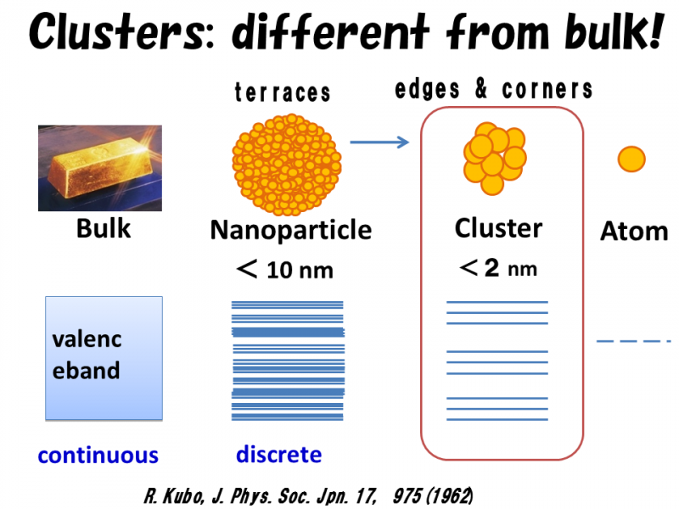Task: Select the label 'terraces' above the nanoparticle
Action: (283, 92)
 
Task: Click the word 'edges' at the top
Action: (427, 89)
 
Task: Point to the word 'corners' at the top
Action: (547, 90)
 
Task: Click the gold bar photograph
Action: (100, 168)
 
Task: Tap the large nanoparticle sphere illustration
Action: (287, 165)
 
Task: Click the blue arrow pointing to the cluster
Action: (379, 142)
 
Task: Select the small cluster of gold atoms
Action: (495, 159)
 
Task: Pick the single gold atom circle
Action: (631, 159)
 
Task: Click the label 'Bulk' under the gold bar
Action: (104, 228)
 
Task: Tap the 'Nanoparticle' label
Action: (290, 229)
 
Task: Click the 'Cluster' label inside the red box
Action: (498, 228)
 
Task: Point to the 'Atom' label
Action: (634, 231)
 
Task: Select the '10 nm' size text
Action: (300, 271)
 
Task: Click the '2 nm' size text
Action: (511, 268)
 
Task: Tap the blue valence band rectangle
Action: (104, 358)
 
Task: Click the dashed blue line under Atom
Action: (633, 342)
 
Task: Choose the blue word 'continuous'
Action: (98, 456)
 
